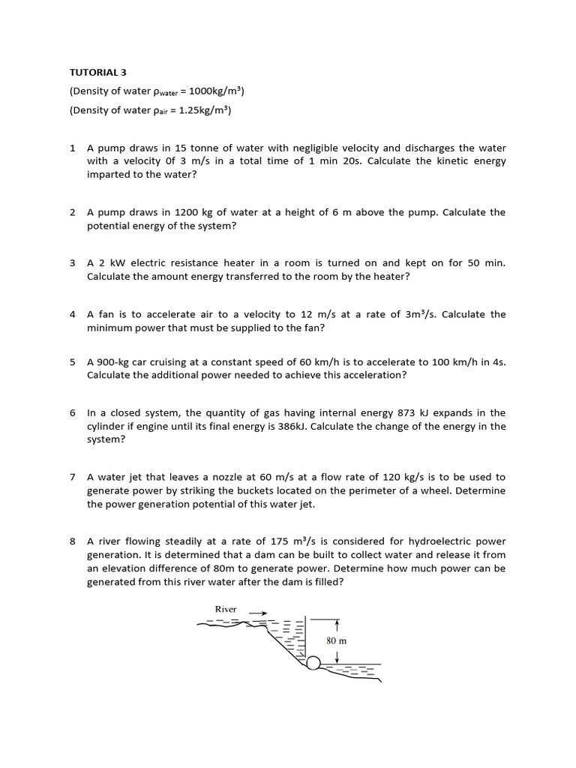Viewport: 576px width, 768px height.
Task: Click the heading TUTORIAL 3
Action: (x=98, y=73)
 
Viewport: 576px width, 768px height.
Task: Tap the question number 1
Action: (x=73, y=148)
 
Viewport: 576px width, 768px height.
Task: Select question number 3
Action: (x=73, y=263)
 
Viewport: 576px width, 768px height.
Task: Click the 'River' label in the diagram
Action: (x=226, y=609)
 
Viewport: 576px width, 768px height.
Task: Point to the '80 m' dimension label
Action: (x=336, y=641)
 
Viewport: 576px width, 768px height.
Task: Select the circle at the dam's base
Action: (x=313, y=662)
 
